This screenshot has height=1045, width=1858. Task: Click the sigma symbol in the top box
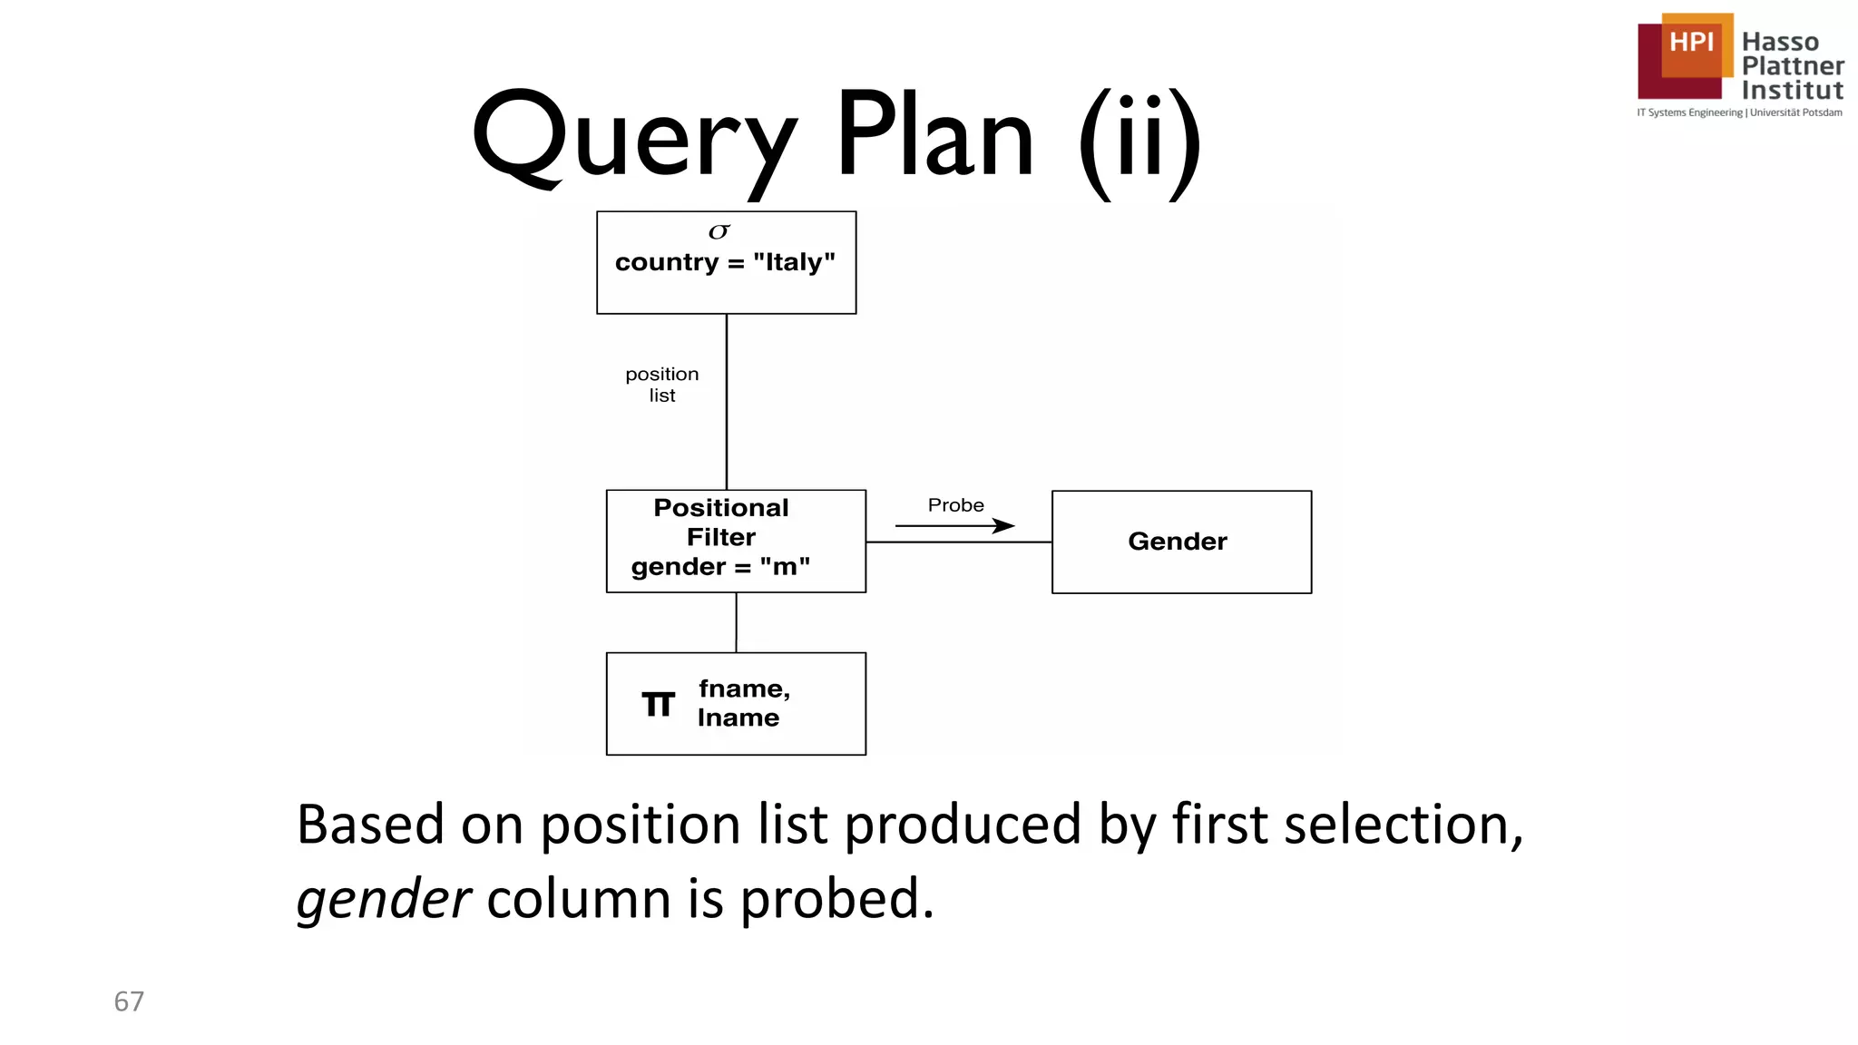pos(719,232)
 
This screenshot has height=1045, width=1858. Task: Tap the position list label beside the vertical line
pos(662,385)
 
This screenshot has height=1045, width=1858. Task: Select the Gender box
pos(1180,542)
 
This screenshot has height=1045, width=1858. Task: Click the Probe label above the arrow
pos(955,505)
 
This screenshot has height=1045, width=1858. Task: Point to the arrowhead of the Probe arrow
pos(1006,525)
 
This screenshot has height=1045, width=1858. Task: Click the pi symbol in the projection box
pos(659,704)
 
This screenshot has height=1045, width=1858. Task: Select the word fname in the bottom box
pos(744,689)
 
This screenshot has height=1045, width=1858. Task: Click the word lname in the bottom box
pos(738,718)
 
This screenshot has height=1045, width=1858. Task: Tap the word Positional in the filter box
pos(721,508)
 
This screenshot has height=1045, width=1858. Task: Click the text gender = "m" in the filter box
pos(720,567)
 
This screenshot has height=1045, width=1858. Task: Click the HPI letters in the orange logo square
pos(1691,43)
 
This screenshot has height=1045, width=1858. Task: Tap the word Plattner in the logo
pos(1793,66)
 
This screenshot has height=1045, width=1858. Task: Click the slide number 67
pos(129,1001)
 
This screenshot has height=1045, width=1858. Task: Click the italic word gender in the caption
pos(383,899)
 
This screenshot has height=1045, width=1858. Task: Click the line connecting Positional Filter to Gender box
pos(958,542)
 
